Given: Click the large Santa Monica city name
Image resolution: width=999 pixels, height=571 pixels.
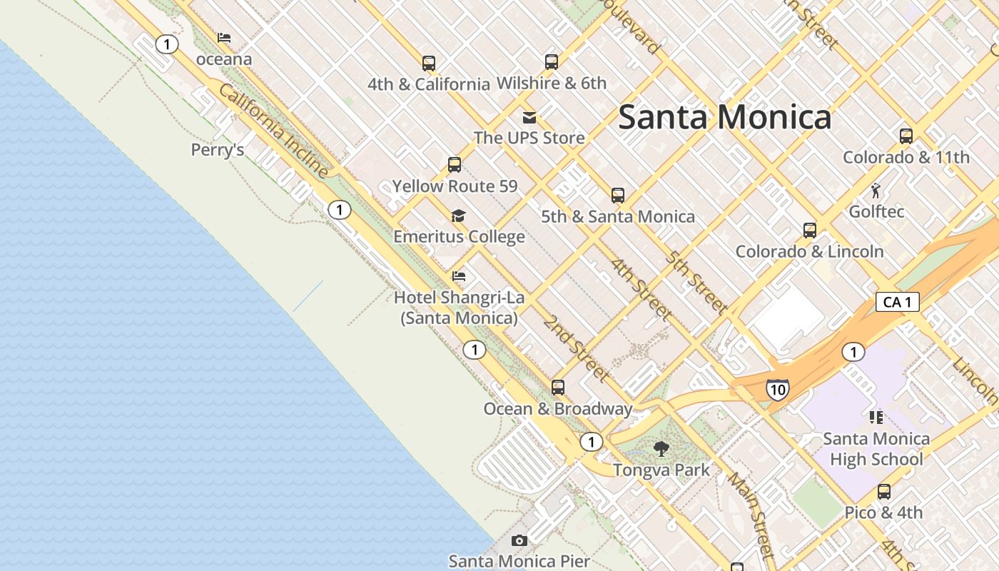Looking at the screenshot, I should coord(724,117).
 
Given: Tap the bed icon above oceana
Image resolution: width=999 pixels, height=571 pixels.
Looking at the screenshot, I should coord(224,38).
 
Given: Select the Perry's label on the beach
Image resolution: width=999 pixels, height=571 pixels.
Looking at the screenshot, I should coord(218,150).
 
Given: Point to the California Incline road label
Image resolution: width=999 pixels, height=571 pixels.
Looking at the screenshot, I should coord(273,131).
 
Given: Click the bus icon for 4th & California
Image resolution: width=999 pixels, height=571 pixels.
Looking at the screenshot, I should coord(429,63).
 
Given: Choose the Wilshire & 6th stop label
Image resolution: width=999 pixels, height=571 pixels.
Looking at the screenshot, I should coord(551,84).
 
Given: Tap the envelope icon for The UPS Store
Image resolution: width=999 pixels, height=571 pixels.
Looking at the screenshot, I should coord(529,118).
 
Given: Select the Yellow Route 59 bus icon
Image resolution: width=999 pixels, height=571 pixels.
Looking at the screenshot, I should coord(455,165).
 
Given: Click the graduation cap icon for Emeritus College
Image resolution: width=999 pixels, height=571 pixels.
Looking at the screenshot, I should coord(459,216).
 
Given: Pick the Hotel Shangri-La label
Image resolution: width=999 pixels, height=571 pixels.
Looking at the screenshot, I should coord(459,308).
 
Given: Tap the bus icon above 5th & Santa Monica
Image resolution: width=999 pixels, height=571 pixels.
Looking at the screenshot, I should coord(618,195).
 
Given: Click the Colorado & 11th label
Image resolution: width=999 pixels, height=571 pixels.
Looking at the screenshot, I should coord(906,158).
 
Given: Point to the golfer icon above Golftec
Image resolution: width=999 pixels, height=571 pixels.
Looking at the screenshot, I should coord(876,191).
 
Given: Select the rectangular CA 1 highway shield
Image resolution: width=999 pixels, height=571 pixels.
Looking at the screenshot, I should coord(897,302).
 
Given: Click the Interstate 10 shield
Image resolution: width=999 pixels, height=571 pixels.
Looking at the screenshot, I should coord(778,389).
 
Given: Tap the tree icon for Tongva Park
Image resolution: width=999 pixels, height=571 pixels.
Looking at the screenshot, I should coord(661,449).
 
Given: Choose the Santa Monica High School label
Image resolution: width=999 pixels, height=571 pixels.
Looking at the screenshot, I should coord(876,449).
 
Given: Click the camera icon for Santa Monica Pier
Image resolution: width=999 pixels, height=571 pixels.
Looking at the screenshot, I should coord(519,540).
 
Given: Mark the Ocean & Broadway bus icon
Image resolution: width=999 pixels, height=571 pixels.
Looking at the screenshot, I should coord(558,388).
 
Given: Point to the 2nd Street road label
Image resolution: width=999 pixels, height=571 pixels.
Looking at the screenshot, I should coord(576,348).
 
